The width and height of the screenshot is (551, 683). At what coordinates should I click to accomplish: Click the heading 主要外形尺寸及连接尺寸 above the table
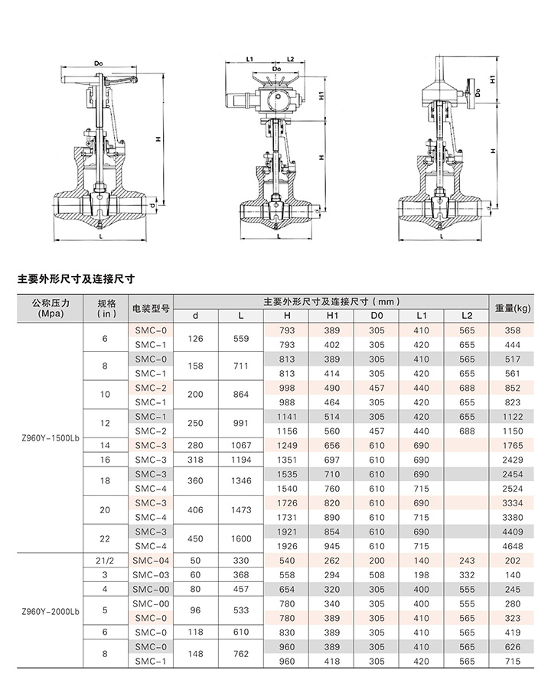(76, 279)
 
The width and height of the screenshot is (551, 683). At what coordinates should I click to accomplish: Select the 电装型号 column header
(151, 308)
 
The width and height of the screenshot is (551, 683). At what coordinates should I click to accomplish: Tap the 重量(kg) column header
(512, 308)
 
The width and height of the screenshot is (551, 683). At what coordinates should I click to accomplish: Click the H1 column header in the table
(331, 316)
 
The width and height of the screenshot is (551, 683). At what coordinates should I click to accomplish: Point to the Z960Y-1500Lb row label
(51, 438)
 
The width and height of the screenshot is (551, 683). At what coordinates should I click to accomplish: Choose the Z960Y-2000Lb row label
(51, 611)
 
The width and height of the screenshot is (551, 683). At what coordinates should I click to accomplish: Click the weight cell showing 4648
(512, 546)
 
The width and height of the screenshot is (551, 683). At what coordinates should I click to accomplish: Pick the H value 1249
(287, 446)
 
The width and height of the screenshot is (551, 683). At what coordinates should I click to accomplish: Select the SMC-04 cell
(151, 561)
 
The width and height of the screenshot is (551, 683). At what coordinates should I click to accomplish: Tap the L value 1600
(241, 538)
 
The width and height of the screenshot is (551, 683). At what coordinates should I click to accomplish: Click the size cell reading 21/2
(105, 561)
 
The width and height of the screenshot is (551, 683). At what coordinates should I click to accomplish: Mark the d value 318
(195, 460)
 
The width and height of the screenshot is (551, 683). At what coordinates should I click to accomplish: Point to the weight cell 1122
(512, 417)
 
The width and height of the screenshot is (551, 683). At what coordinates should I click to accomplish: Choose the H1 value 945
(331, 546)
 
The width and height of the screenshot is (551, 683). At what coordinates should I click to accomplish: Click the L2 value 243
(467, 561)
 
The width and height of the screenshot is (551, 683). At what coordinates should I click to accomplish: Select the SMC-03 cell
(151, 575)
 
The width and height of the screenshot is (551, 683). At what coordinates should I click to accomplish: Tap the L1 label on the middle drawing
(249, 59)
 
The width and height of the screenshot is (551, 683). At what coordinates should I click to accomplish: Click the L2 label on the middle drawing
(291, 59)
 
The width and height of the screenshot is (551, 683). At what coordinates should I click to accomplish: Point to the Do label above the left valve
(99, 63)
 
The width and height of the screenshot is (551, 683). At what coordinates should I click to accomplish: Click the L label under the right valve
(442, 236)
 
